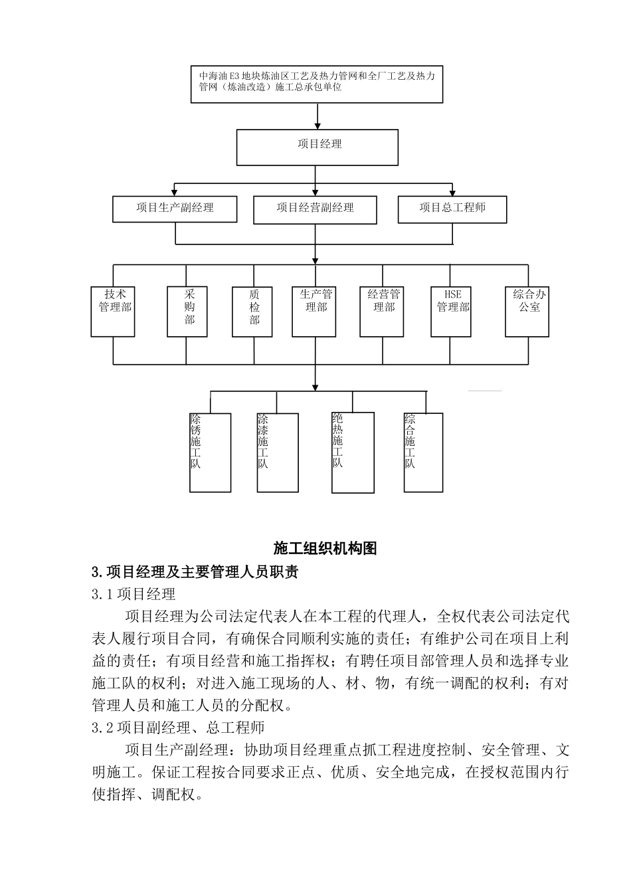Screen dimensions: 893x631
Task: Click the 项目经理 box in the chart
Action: click(x=317, y=148)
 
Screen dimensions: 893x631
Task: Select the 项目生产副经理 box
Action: click(x=175, y=209)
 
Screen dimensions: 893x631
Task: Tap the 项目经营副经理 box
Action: click(x=315, y=209)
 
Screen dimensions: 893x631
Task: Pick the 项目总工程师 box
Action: click(x=452, y=209)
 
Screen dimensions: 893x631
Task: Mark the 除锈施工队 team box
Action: click(x=210, y=452)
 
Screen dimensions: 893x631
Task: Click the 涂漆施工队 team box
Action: click(x=278, y=452)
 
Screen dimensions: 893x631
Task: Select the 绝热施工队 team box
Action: click(x=353, y=452)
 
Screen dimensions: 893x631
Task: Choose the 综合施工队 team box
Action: click(x=423, y=452)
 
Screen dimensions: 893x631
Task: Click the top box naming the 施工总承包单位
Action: click(x=317, y=84)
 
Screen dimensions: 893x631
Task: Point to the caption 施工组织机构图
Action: click(x=325, y=548)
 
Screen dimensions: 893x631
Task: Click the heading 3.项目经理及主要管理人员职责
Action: click(x=195, y=571)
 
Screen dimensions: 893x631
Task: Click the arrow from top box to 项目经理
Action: click(x=318, y=116)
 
